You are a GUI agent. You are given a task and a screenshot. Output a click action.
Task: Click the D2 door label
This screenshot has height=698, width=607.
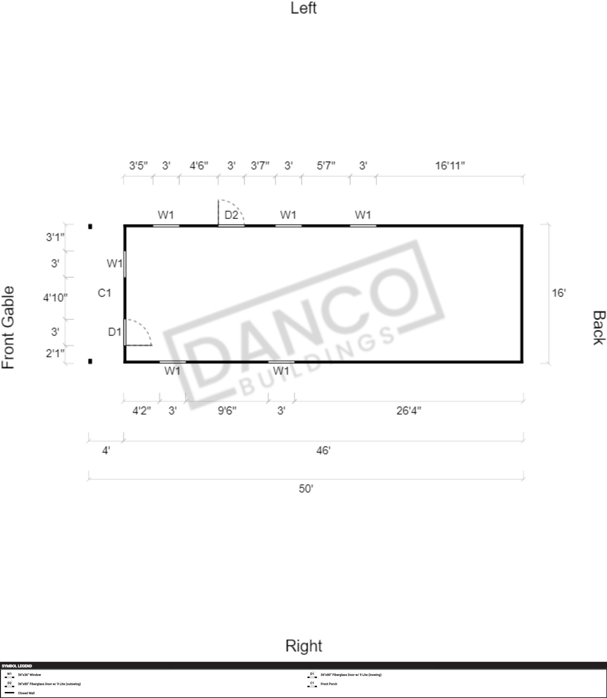click(231, 215)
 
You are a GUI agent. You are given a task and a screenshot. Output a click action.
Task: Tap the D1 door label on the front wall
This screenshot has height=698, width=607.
click(115, 332)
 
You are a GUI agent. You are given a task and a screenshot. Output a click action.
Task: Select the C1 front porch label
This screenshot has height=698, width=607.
click(104, 293)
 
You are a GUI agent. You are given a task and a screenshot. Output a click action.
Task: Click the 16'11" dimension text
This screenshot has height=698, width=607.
click(450, 166)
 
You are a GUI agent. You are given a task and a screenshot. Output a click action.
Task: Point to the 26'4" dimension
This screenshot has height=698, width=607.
click(409, 411)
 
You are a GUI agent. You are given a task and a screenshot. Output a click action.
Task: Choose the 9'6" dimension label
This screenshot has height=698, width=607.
click(227, 411)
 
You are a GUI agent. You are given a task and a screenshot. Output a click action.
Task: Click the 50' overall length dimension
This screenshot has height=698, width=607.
click(306, 489)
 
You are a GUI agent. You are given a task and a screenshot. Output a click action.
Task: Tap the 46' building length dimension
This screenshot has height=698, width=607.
click(324, 450)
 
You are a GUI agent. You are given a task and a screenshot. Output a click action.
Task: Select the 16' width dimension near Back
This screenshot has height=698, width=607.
click(559, 293)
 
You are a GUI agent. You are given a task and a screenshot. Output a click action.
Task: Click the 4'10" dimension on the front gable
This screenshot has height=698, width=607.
click(55, 298)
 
